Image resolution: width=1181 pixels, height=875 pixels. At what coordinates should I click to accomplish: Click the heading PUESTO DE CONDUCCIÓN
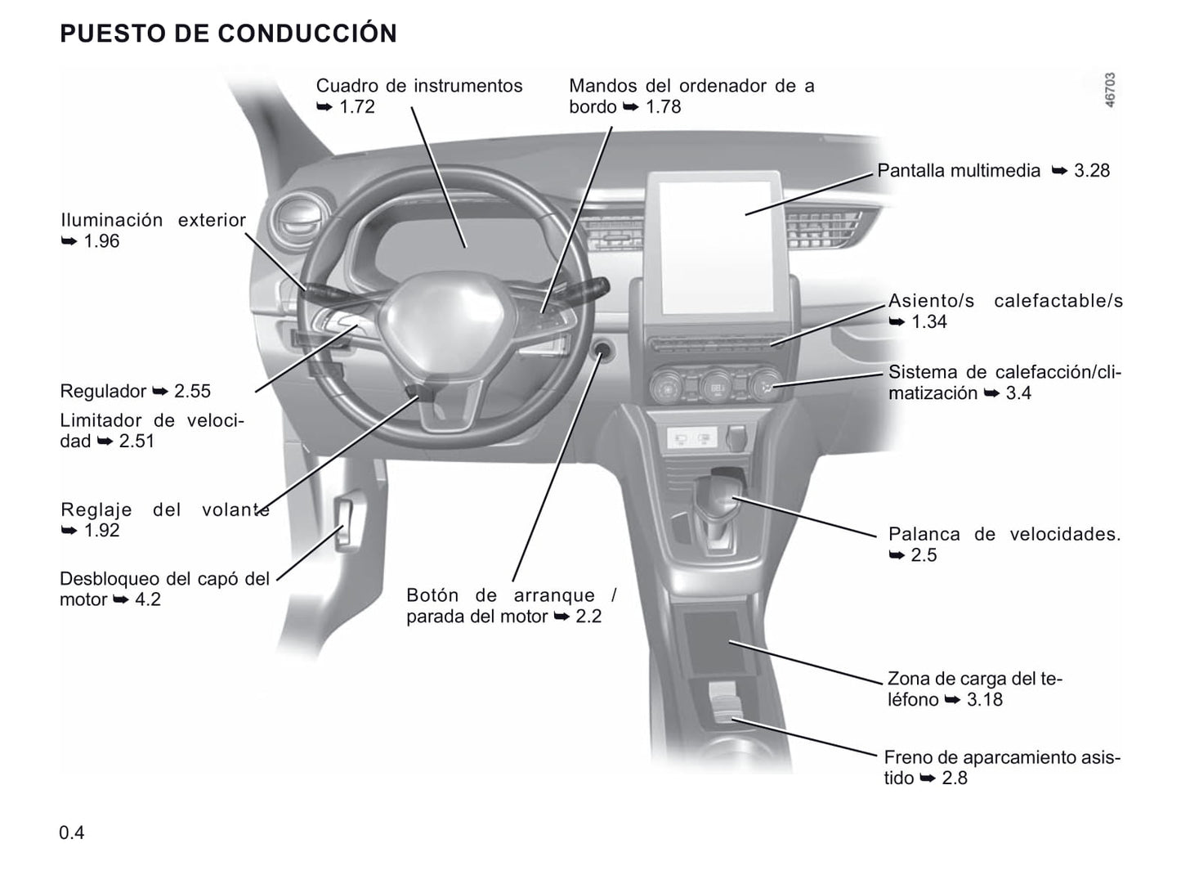point(228,33)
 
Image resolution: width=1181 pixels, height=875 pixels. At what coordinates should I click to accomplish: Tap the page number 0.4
point(72,832)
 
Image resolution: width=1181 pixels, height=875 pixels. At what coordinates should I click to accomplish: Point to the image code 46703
point(1110,90)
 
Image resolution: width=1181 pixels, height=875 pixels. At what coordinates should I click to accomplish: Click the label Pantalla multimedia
point(959,171)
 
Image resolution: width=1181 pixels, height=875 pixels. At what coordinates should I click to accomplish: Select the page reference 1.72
point(356,106)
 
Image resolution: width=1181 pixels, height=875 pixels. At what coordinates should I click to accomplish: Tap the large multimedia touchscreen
point(716,247)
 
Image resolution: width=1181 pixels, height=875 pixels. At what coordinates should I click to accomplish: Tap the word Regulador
point(103,391)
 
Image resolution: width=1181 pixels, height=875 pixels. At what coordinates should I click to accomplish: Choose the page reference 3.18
point(985,699)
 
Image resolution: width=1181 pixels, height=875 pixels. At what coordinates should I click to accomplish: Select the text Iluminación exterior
point(154,220)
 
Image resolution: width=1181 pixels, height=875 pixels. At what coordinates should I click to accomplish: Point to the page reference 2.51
point(136,442)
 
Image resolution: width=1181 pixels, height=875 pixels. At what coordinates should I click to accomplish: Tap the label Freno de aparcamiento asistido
point(1001,767)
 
